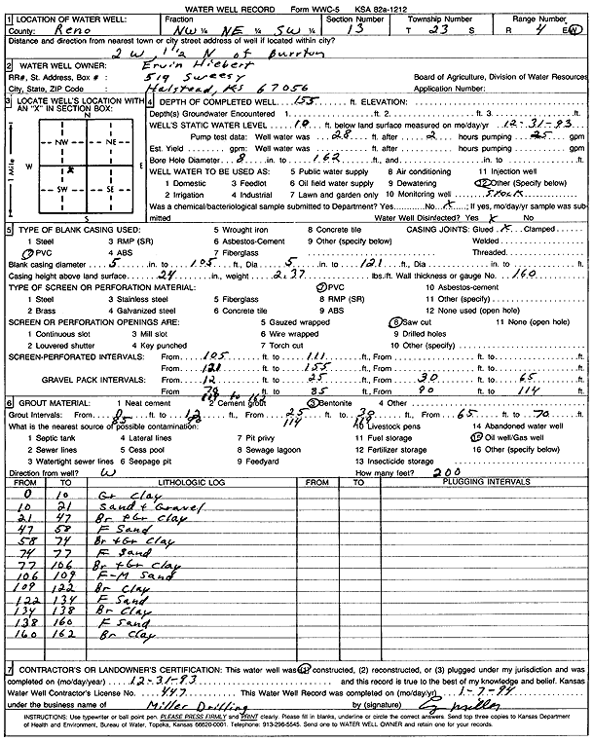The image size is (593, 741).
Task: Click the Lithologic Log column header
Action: coord(182,481)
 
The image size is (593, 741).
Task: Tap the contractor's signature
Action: coord(475,701)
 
